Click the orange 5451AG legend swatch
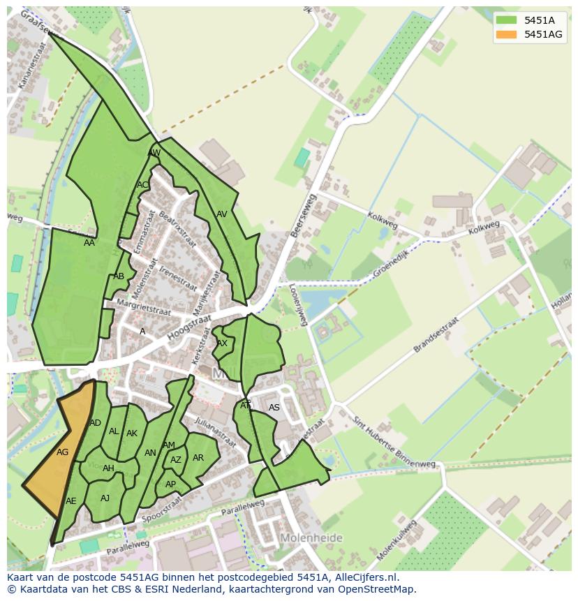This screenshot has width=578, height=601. [507, 34]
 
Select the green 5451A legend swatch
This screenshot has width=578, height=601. [507, 20]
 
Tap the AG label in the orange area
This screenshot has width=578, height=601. [63, 452]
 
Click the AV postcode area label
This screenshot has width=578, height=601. [222, 214]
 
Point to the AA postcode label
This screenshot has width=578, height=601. [89, 243]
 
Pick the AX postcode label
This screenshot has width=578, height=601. [222, 343]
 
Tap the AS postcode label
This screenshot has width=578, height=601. [274, 408]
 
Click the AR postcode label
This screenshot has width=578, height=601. [198, 458]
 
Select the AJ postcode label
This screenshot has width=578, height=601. [105, 498]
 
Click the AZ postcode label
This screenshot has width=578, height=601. [176, 460]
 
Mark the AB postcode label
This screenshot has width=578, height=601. [119, 276]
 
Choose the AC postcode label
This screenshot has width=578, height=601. [142, 185]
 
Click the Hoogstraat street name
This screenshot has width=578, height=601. [188, 327]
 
